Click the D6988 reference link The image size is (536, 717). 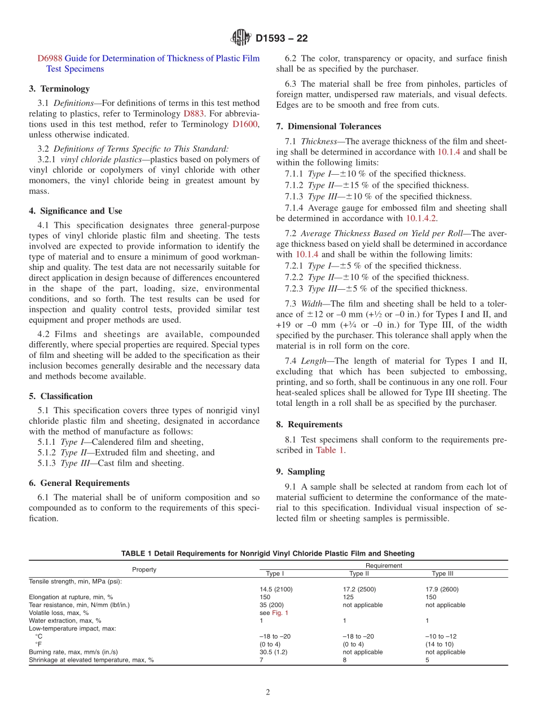pos(50,59)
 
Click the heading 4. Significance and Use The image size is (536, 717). pos(76,211)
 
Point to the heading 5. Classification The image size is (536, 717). pos(60,396)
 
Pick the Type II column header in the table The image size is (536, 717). pos(359,574)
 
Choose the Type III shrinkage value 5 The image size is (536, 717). pos(427,660)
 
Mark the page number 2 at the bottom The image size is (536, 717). pos(268,693)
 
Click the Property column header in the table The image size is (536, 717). pos(144,569)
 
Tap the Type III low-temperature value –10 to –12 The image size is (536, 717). pos(441,636)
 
